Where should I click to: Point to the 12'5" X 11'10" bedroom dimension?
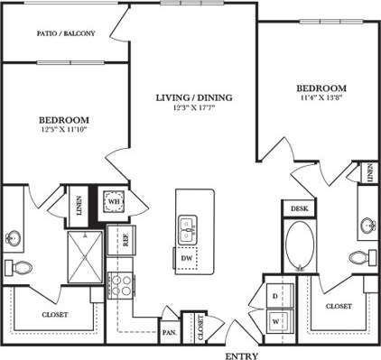(x=62, y=130)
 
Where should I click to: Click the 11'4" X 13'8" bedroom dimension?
(x=321, y=100)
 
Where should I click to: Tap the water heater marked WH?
(x=115, y=201)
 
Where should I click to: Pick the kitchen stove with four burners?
(x=120, y=282)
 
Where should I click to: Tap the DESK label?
(x=298, y=208)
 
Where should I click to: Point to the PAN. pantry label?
(x=170, y=330)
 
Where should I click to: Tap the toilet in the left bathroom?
(x=17, y=266)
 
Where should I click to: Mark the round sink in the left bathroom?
(x=14, y=238)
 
